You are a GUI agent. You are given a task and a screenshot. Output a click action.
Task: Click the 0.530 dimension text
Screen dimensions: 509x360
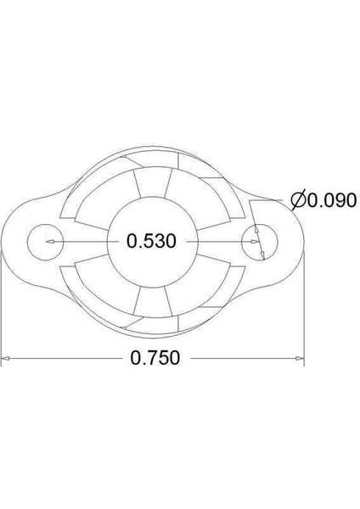click(x=151, y=242)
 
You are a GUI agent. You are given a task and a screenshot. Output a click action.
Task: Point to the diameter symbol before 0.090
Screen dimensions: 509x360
click(x=297, y=201)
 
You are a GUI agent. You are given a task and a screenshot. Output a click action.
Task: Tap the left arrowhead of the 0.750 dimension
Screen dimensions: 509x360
click(x=7, y=358)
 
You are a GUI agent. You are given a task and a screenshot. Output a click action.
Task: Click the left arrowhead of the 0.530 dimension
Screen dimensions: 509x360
click(x=49, y=242)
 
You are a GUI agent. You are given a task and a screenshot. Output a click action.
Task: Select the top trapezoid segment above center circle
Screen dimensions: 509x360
click(x=152, y=180)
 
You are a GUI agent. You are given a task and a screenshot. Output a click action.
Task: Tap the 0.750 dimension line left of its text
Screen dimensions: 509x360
click(x=68, y=358)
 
